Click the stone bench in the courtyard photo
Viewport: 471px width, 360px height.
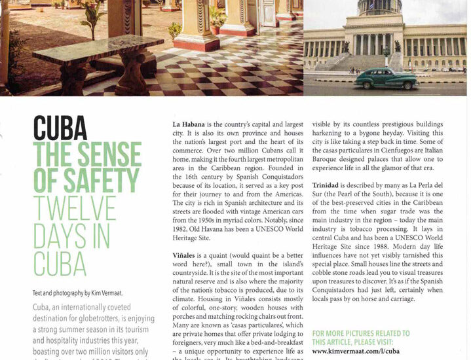[x=98, y=52]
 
